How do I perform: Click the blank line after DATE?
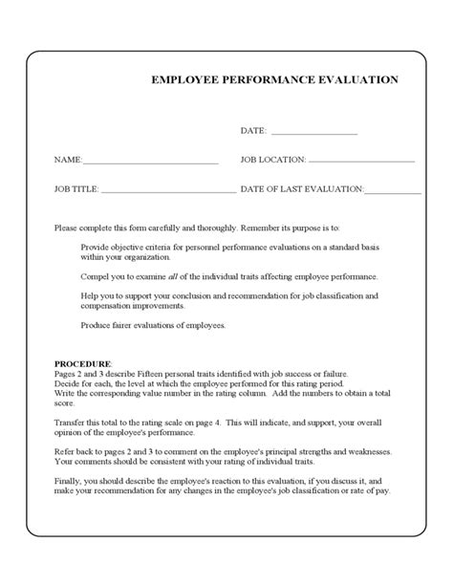click(314, 133)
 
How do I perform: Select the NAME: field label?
click(68, 160)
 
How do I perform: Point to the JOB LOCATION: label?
click(273, 160)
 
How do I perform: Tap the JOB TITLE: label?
click(76, 189)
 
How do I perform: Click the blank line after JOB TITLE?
click(168, 191)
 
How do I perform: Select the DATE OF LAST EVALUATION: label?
click(301, 189)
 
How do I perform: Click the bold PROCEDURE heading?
click(82, 364)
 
